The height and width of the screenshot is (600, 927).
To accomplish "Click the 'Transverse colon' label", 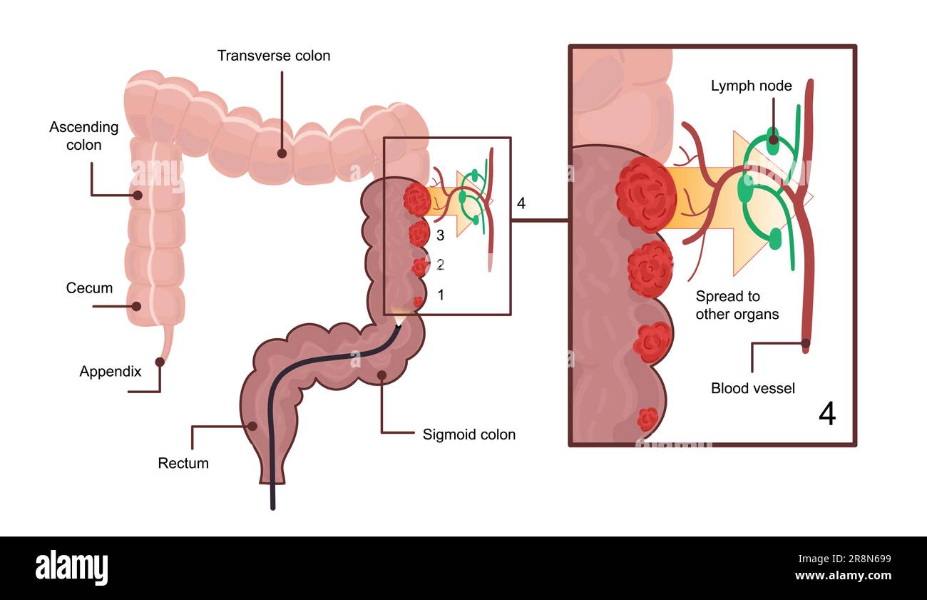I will pos(274,56).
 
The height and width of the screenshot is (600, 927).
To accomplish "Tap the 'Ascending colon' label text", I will pos(84,136).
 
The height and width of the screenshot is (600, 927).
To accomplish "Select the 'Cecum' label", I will pos(89,288).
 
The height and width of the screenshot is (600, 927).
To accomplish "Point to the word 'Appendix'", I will pos(111,371).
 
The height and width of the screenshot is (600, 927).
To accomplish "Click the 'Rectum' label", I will pos(183,463).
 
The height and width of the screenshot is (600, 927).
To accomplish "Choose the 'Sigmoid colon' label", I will pos(468,434).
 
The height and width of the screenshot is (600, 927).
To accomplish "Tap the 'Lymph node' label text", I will pos(751,86).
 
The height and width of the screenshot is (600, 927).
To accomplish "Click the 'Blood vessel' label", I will pos(752,388).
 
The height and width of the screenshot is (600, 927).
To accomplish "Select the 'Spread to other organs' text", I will pos(737,305).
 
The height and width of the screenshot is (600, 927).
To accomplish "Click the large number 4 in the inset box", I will pos(826,414).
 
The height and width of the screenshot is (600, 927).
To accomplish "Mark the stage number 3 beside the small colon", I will pos(440,234).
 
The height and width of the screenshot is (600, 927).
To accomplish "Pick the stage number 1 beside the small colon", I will pos(440,294).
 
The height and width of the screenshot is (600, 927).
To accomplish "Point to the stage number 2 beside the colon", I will pos(440,265).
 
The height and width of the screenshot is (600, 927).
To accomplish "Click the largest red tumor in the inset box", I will pos(646,194).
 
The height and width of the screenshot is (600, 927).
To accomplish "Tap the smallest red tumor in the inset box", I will pos(647,418).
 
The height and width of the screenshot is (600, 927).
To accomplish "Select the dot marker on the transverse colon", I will pos(282,153).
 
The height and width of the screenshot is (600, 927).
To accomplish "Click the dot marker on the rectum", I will pos(251,427).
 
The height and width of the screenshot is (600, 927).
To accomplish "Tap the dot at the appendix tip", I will pos(160,362).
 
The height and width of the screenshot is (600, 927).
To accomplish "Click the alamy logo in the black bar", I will pos(71,568).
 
